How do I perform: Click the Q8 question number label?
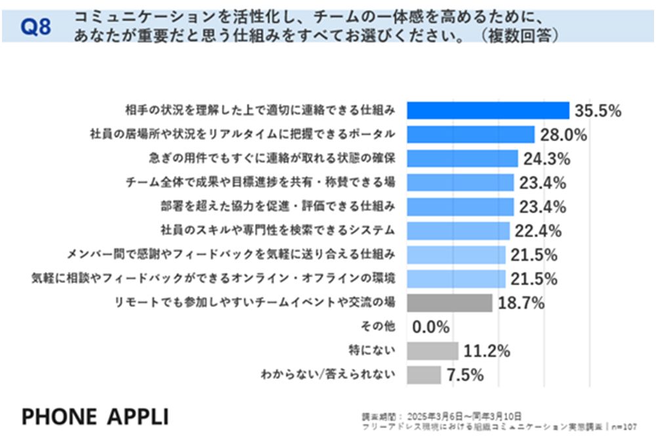click(x=35, y=27)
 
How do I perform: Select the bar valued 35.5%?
click(x=488, y=110)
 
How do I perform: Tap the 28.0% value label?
click(x=564, y=135)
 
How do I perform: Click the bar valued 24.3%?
click(x=462, y=158)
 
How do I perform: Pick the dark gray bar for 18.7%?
click(x=449, y=303)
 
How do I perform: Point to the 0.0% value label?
click(x=431, y=327)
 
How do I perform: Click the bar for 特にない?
click(x=432, y=351)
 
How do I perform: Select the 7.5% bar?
click(x=424, y=375)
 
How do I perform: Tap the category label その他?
click(x=379, y=326)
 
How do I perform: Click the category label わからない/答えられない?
click(x=328, y=375)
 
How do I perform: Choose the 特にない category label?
click(x=372, y=351)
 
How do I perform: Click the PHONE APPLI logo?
click(x=95, y=416)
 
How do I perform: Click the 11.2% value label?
click(x=486, y=351)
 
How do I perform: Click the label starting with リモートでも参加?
click(x=255, y=303)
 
